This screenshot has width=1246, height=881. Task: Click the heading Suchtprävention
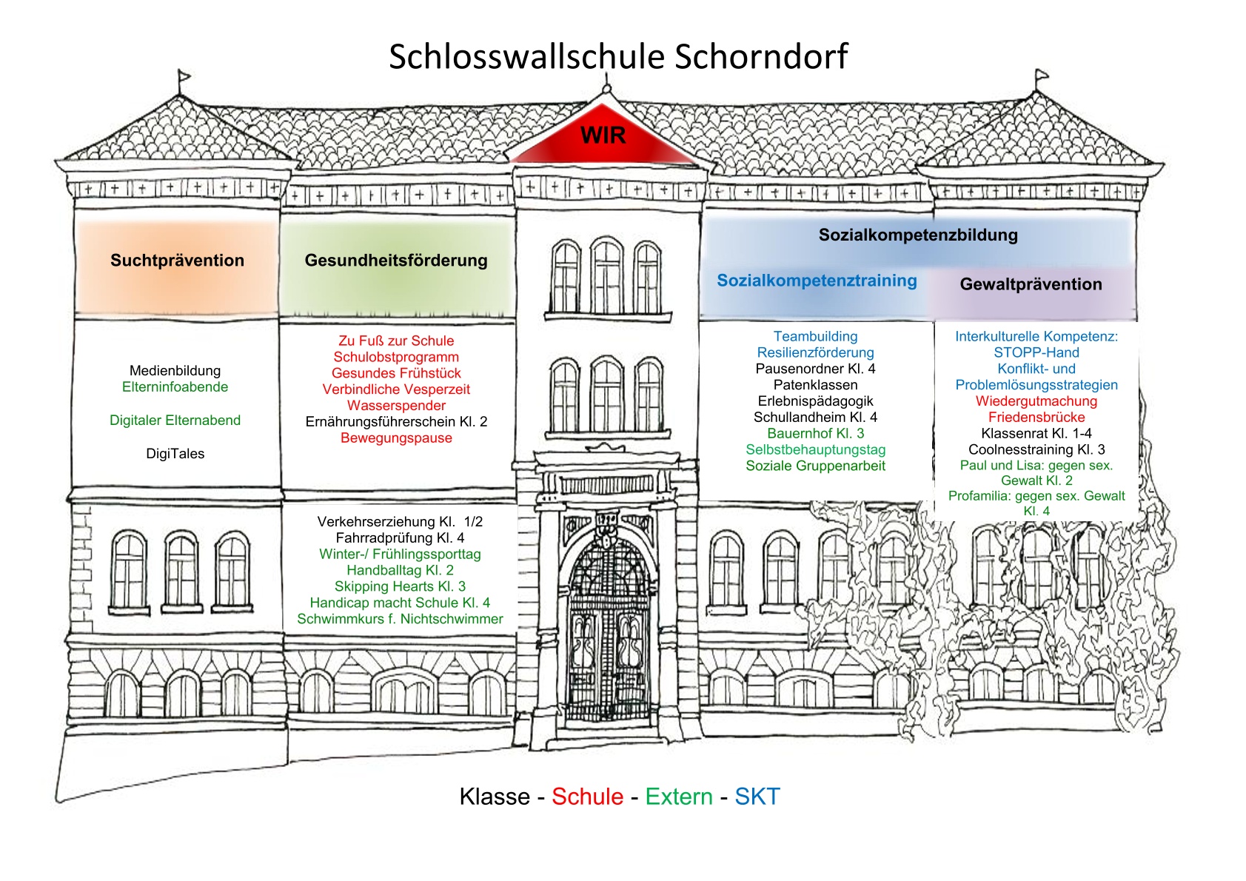coord(177,261)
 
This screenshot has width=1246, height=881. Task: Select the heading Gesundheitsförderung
coord(396,261)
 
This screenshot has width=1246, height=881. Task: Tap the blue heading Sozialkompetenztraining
coord(817,281)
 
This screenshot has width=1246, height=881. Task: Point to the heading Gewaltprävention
coord(1031,284)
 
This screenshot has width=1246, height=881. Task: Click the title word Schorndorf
coord(761,56)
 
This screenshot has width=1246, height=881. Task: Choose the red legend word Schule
coord(587,797)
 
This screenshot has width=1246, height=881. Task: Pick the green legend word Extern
coord(679,797)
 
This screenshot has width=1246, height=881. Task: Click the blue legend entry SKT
coord(757,797)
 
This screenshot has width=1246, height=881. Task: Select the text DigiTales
coord(175,454)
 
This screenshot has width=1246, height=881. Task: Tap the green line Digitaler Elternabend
coord(175,421)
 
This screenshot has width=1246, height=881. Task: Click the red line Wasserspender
coord(396,406)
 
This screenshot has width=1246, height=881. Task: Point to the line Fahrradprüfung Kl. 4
coord(400,537)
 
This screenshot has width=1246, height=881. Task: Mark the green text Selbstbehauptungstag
coord(815,450)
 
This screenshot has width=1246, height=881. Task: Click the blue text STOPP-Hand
coord(1036,352)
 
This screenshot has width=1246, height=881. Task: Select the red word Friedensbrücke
coord(1036,417)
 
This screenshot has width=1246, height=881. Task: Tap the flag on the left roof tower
coord(184,75)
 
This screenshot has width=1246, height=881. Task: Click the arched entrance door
coord(607,634)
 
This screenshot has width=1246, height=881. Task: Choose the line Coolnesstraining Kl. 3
coord(1036,449)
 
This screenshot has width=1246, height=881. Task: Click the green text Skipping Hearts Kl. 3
coord(400,586)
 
